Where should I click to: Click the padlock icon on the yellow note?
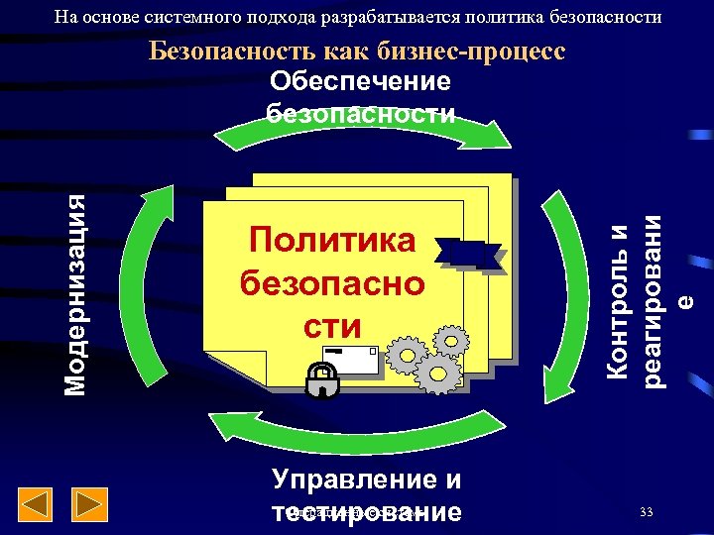coord(320,380)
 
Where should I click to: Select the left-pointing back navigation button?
coord(37,505)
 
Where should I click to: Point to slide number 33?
coord(647,512)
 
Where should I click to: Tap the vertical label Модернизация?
coord(77,294)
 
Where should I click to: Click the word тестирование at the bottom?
coord(366,512)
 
